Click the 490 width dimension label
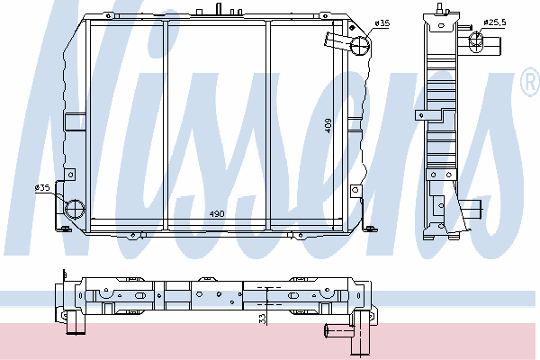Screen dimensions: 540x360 click(217, 214)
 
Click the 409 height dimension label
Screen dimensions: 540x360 click(328, 126)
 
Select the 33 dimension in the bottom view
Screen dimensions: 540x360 click(263, 319)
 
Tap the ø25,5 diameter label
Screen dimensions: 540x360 click(494, 22)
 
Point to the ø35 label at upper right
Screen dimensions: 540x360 click(382, 23)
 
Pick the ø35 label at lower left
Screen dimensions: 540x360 click(42, 188)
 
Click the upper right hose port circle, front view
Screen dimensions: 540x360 click(360, 46)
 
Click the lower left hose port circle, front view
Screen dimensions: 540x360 click(75, 209)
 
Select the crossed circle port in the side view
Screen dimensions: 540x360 click(475, 41)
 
